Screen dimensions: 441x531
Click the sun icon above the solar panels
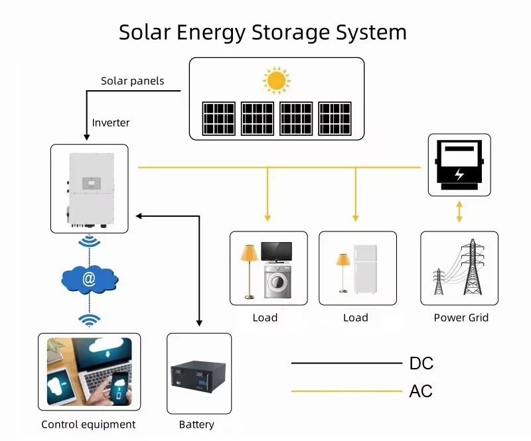(x=277, y=81)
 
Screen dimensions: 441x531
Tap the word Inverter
(x=111, y=123)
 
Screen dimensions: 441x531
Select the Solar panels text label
(x=132, y=81)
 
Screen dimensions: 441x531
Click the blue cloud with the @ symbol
(x=89, y=280)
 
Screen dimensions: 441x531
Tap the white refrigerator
(x=364, y=269)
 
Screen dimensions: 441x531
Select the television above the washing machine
(x=275, y=251)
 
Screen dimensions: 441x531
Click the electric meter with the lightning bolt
(x=459, y=166)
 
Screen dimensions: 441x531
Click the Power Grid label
(x=461, y=318)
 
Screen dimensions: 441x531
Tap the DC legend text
(x=421, y=363)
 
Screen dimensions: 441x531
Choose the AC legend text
(x=421, y=391)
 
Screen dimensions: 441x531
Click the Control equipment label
(x=88, y=424)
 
